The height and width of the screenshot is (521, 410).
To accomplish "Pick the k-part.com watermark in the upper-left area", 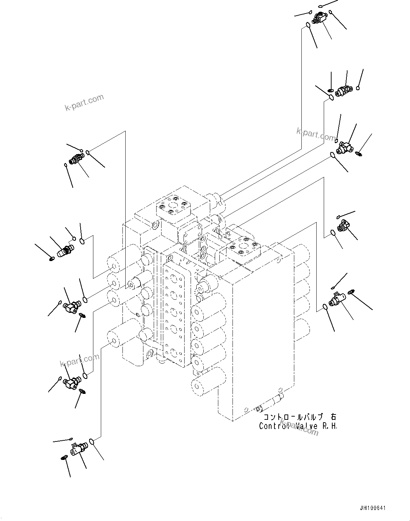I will click(84, 102).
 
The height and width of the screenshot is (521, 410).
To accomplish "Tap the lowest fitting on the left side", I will click(78, 449).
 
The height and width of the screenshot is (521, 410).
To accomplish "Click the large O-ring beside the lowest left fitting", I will click(92, 441).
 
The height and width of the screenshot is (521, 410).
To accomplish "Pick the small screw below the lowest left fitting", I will click(64, 458).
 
